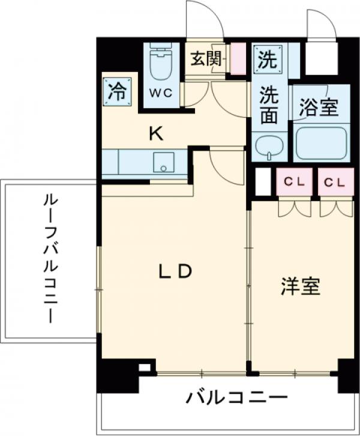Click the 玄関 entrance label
(206, 59)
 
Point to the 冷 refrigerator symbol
(117, 92)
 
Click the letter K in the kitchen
(155, 133)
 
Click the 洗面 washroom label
(269, 104)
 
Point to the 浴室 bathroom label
(319, 107)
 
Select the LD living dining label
(175, 272)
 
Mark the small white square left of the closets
(263, 183)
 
